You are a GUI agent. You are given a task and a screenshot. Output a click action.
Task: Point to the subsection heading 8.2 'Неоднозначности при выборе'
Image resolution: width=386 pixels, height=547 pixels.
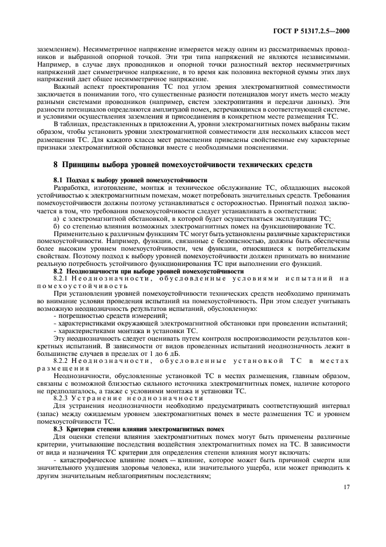(148, 271)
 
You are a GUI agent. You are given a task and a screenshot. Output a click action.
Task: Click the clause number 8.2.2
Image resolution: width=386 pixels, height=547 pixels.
(62, 361)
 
